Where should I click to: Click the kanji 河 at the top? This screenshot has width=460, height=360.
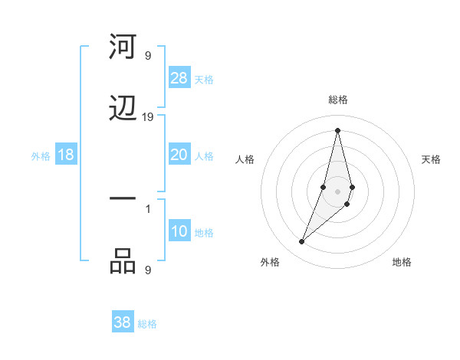coord(123,48)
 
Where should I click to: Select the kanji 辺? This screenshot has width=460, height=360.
coord(123,109)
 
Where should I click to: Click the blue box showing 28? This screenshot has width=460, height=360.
coord(179,78)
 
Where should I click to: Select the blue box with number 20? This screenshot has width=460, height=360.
coord(179,155)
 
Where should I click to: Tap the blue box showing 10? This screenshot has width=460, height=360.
coord(179,231)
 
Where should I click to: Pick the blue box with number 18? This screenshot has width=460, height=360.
coord(66,155)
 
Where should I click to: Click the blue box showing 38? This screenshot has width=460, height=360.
coord(123,322)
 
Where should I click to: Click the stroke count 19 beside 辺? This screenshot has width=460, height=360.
coord(148,117)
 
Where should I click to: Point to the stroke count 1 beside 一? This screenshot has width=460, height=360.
coord(148,208)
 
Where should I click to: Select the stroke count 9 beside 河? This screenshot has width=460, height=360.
coord(148,55)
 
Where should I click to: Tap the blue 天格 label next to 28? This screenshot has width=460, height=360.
coord(204,79)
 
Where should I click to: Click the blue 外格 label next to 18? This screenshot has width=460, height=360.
coord(41,156)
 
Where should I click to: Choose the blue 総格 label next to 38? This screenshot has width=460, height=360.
coord(147,323)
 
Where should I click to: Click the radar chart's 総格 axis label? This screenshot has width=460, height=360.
coord(338,100)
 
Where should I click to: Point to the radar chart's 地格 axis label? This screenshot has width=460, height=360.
coord(402,262)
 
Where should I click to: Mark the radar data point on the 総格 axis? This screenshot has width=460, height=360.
coord(337,129)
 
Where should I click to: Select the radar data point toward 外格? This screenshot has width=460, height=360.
coord(301,242)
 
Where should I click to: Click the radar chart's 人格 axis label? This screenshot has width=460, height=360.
coord(245,159)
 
